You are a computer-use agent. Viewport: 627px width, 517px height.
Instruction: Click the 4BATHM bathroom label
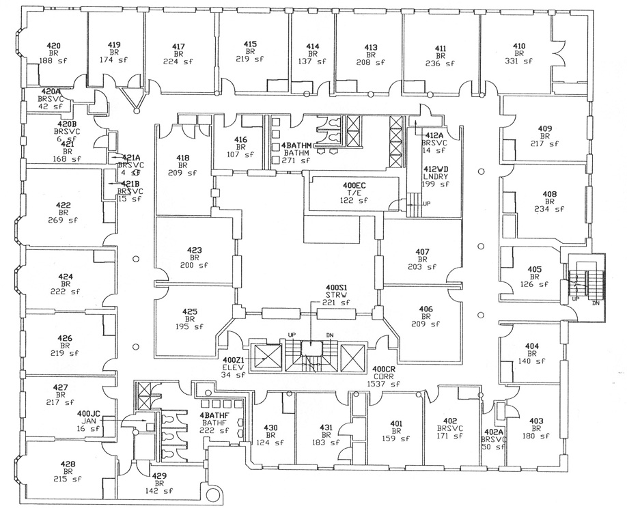(x=296, y=145)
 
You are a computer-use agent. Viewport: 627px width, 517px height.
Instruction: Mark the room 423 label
(x=194, y=250)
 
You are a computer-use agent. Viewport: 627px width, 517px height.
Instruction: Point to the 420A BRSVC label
(x=51, y=91)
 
